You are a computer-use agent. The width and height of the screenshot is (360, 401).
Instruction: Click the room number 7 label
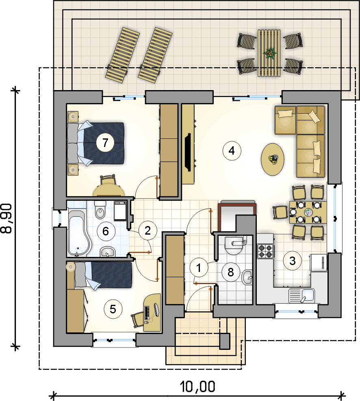105,142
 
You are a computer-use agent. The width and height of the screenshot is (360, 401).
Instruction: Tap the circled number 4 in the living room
232,151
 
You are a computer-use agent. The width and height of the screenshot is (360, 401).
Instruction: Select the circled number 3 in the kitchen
292,261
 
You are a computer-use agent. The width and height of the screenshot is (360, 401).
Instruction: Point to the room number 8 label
231,272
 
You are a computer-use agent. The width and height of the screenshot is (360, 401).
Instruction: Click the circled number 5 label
113,309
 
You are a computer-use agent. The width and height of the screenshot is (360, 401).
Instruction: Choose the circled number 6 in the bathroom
106,231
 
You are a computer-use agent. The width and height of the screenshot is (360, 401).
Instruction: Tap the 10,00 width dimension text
197,386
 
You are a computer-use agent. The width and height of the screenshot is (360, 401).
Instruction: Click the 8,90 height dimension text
6,218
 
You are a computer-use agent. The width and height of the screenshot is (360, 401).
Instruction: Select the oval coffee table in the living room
273,160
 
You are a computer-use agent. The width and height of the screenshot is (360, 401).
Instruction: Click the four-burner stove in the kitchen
266,251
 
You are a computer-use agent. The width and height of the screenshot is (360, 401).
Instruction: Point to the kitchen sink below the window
302,295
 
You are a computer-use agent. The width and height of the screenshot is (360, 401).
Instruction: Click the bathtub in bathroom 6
79,233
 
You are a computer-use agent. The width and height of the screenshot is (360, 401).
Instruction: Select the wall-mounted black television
188,152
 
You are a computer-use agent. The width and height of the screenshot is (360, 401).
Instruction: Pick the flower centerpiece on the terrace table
270,53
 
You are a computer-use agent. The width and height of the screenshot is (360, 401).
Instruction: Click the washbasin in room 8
247,277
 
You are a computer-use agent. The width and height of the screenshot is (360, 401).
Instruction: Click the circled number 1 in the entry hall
199,268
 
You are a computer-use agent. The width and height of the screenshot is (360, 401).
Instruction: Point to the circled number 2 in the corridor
148,231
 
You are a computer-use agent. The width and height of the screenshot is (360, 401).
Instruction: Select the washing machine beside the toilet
120,211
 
